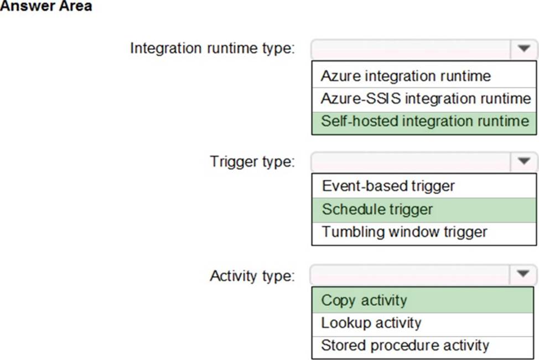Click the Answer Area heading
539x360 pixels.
[x=46, y=6]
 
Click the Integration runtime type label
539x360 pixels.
[x=213, y=48]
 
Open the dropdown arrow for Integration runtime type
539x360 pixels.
[x=524, y=49]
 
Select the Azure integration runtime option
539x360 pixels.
[x=406, y=76]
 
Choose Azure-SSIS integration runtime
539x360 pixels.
[x=426, y=98]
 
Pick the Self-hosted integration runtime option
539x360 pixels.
[x=425, y=121]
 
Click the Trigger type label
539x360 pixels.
[x=252, y=161]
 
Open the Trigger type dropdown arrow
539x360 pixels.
[x=524, y=161]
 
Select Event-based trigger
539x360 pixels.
[x=388, y=186]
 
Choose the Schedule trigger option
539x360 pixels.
[x=377, y=209]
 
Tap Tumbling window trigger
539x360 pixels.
[x=404, y=232]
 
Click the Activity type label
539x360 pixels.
[x=252, y=276]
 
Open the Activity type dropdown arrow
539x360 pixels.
[x=523, y=274]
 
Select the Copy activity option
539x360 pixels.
[x=364, y=300]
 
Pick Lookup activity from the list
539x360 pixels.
[x=371, y=323]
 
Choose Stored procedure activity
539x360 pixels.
[x=405, y=346]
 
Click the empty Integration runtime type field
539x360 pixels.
[x=411, y=49]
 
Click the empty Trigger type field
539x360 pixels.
[x=411, y=161]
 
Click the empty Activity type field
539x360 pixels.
[x=411, y=274]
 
